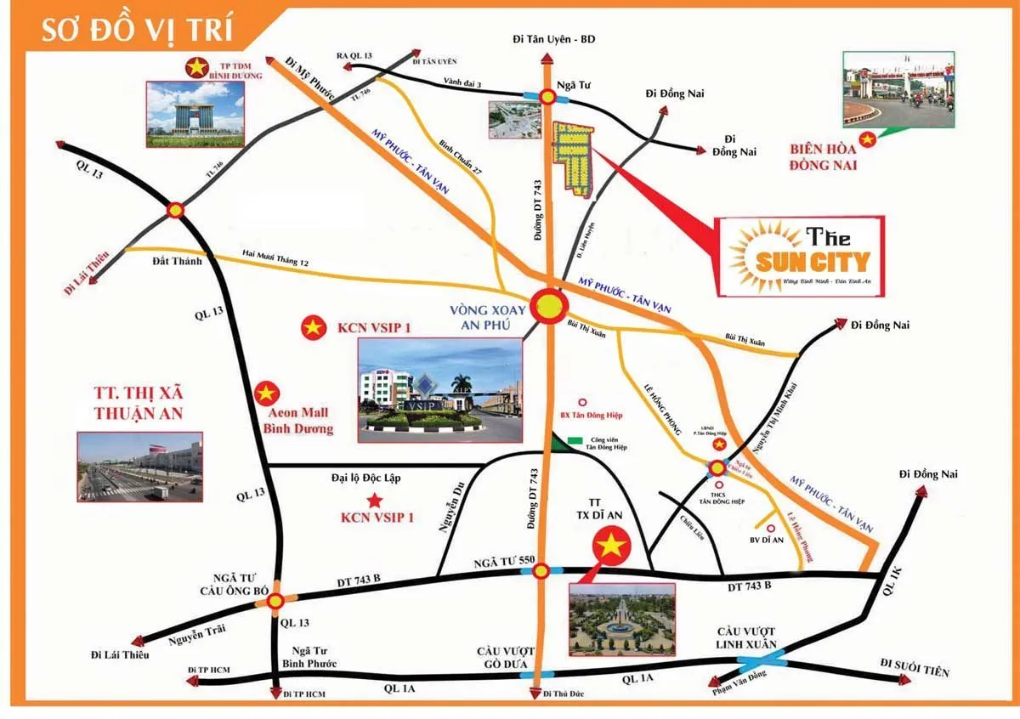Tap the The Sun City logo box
799,255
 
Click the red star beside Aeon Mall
267,393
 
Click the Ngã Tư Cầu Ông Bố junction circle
275,602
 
